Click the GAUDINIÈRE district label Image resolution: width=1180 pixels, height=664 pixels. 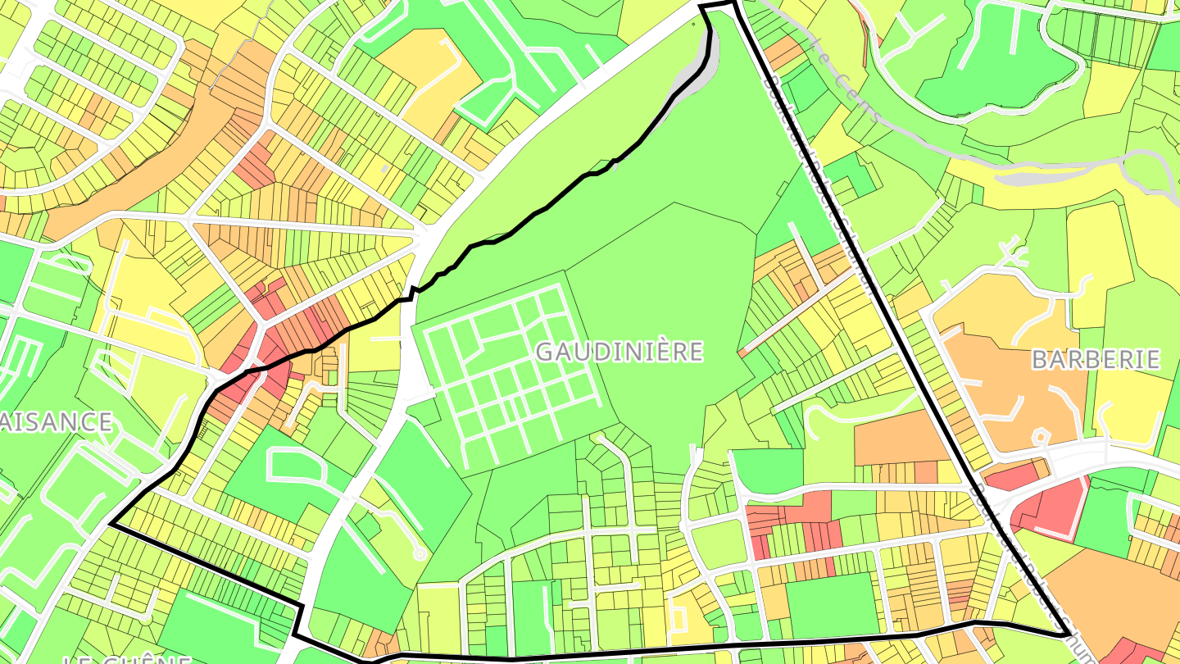[619, 352]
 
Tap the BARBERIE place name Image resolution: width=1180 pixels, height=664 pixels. [1095, 359]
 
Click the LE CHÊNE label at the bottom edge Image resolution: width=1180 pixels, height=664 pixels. [127, 658]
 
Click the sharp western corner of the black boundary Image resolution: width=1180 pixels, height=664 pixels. [111, 524]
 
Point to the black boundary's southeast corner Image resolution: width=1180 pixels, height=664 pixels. [1066, 634]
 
